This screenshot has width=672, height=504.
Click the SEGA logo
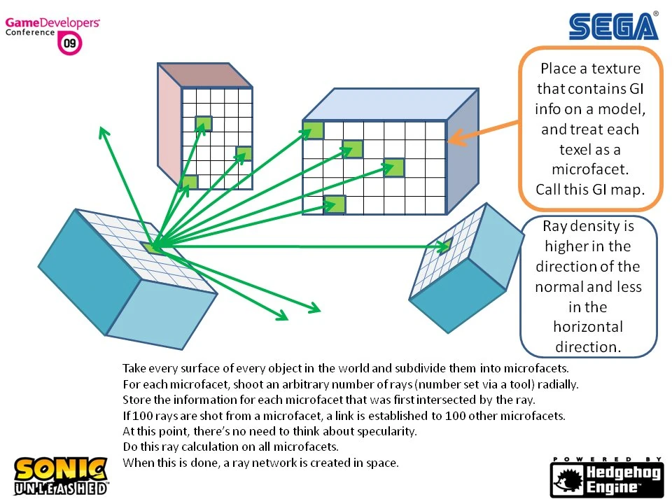tap(613, 26)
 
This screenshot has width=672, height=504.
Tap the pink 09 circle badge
tap(71, 43)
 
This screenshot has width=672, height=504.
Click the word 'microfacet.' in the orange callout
tap(590, 169)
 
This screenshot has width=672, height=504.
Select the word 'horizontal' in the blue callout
tap(588, 327)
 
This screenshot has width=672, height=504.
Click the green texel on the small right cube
tap(444, 246)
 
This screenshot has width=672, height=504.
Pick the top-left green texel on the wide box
tap(313, 130)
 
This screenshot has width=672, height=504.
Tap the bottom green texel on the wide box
tap(335, 204)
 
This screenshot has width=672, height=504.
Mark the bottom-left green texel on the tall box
tap(189, 183)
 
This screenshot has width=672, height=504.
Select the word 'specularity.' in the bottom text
tap(388, 431)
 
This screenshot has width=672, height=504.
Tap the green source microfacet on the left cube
tap(153, 246)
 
